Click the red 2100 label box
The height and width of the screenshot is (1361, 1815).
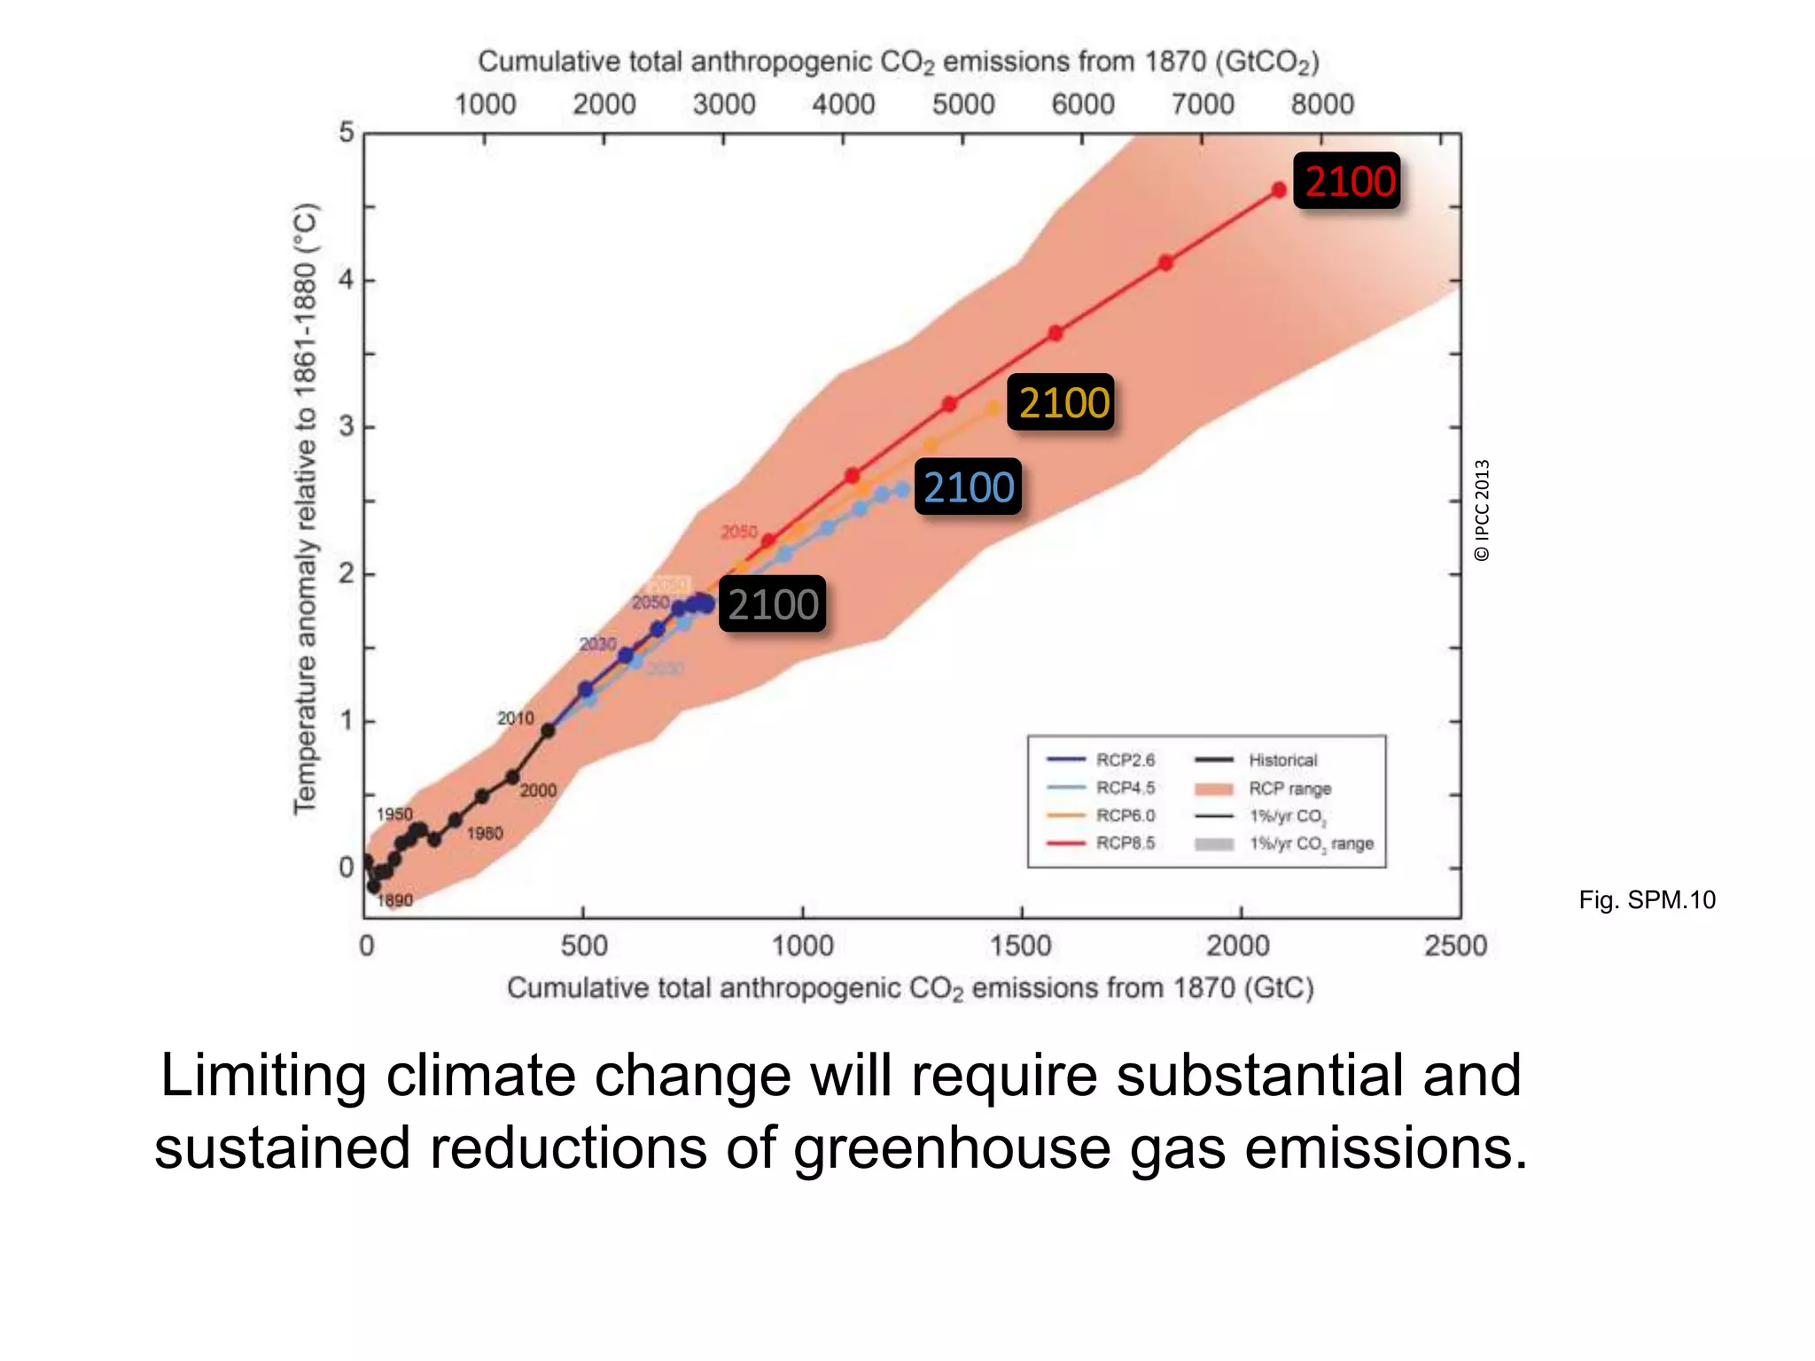pos(1347,182)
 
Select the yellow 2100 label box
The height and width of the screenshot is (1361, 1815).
pos(1061,402)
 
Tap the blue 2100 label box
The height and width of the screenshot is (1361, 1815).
pos(968,487)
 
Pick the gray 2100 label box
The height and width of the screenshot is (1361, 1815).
pos(773,604)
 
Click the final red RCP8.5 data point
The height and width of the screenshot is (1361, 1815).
pos(1279,190)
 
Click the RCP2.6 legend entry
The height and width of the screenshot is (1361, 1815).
pos(1102,759)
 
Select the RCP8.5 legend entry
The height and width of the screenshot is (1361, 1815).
pos(1102,843)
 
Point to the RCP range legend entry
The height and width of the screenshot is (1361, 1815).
pos(1263,788)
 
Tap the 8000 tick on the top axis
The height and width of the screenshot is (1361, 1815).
pos(1322,105)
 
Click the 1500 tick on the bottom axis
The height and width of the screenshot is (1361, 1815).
pos(1021,946)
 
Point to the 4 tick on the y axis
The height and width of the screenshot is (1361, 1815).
pos(346,280)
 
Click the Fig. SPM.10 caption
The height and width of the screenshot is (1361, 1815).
pos(1647,900)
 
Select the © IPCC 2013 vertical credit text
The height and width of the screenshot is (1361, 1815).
pos(1482,510)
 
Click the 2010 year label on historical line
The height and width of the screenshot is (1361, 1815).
pos(515,718)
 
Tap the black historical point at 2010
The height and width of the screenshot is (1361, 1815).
pos(548,731)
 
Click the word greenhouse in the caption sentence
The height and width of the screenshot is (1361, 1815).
pos(951,1148)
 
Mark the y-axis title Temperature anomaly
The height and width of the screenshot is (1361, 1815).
pos(304,509)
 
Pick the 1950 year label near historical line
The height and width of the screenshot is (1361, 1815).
pos(393,813)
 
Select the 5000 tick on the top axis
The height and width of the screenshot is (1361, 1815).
pos(963,105)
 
